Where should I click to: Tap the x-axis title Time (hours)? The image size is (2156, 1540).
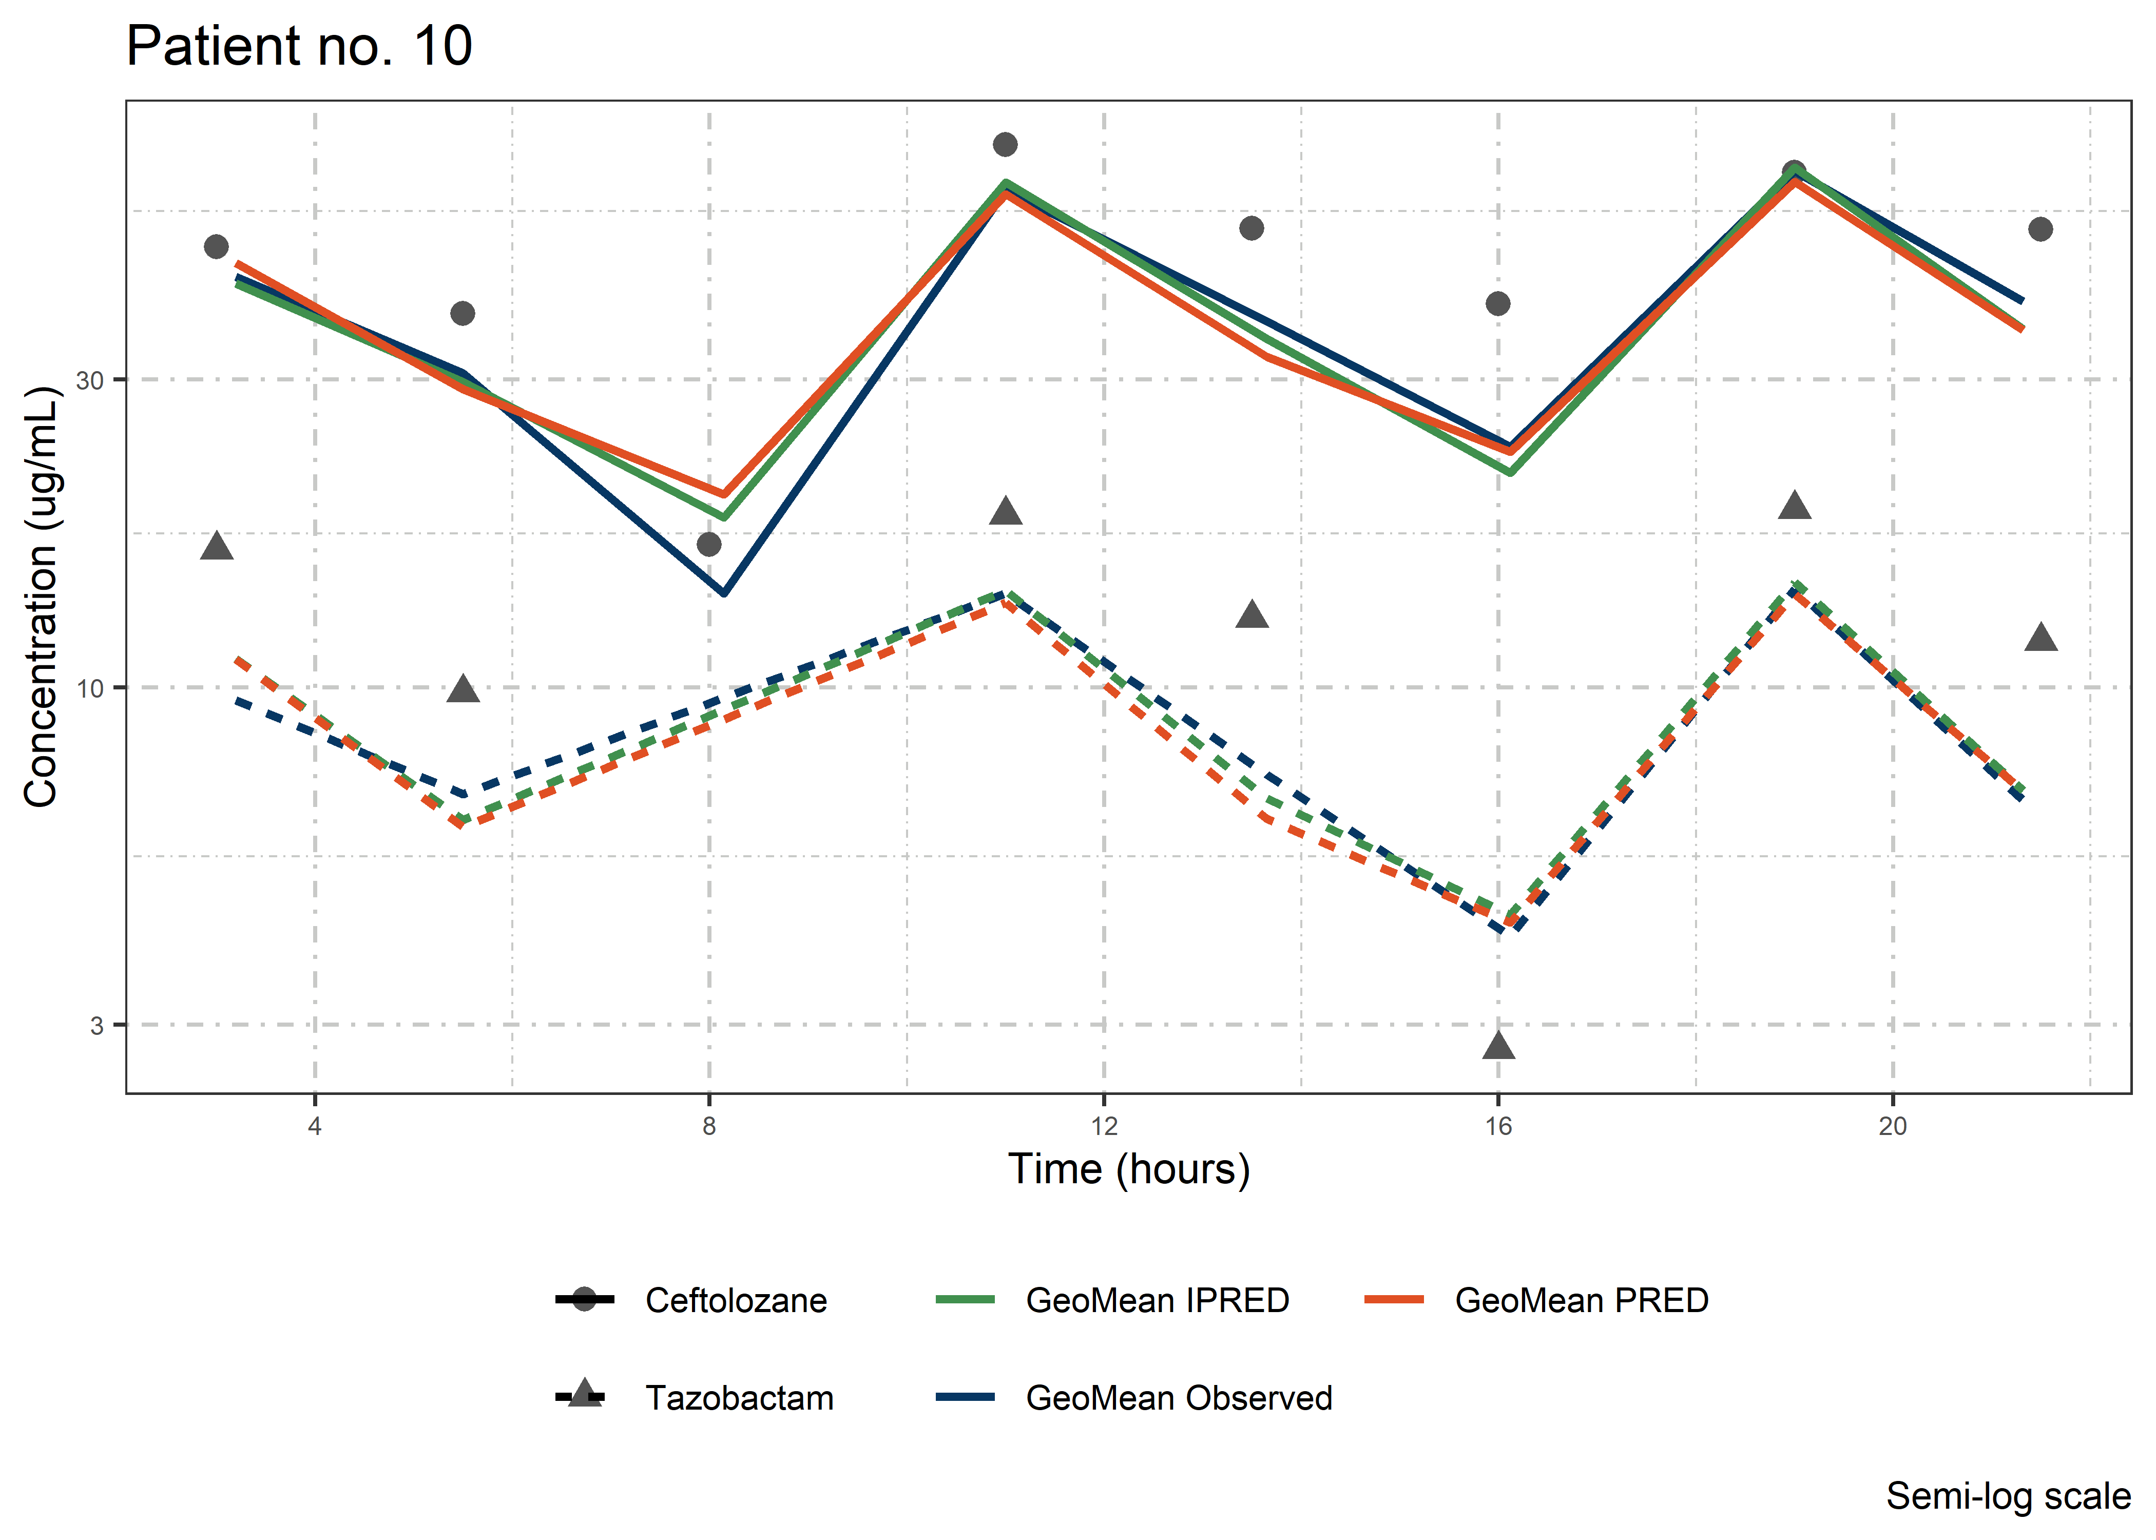(x=1128, y=1169)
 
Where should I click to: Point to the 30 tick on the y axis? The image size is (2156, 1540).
(x=89, y=380)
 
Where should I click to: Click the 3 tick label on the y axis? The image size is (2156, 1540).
(x=96, y=1025)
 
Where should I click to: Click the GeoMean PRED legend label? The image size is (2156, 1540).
(x=1582, y=1300)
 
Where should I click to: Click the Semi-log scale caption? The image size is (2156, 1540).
(x=2008, y=1496)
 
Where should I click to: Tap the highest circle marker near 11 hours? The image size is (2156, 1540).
(x=1005, y=144)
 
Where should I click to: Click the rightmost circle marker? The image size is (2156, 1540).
(x=2040, y=228)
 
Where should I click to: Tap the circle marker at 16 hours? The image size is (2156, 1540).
(x=1498, y=303)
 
